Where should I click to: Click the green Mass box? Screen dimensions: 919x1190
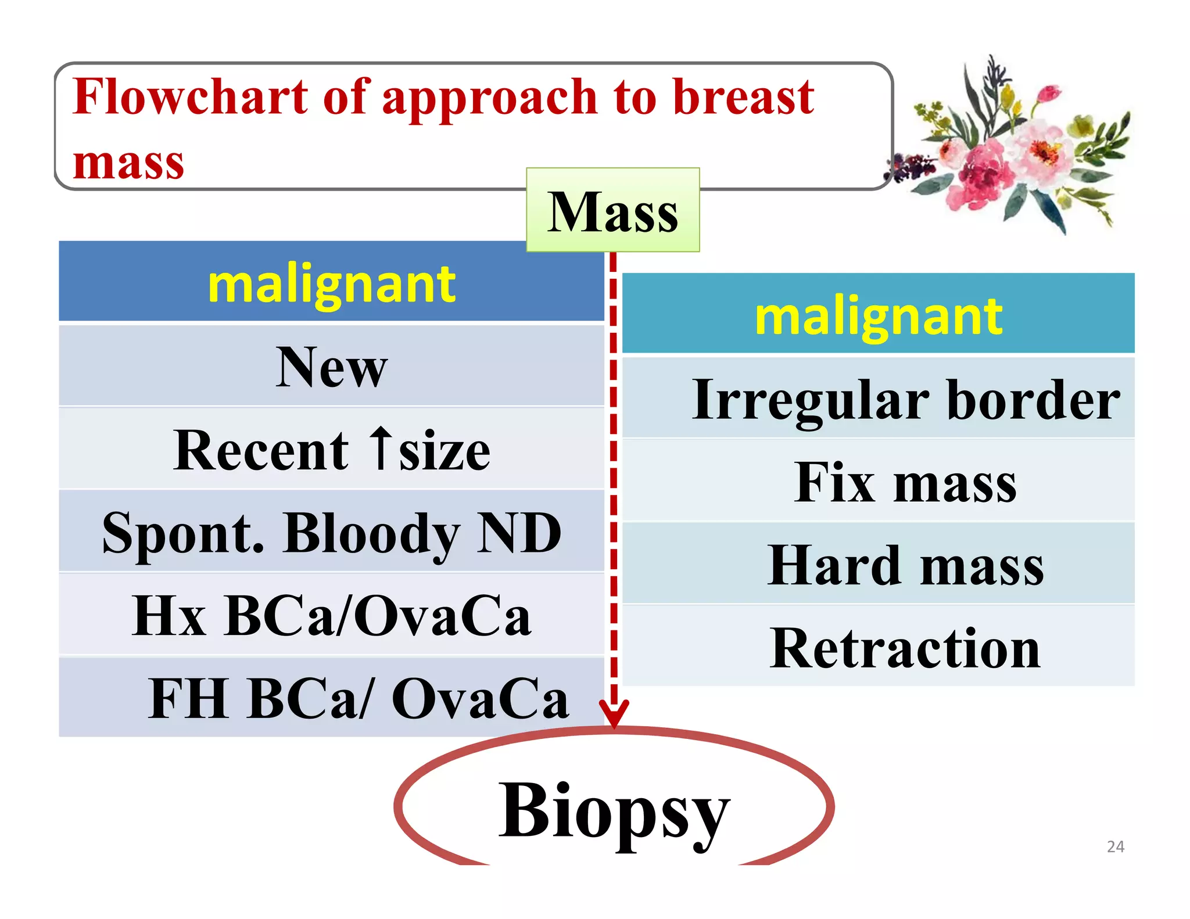point(612,210)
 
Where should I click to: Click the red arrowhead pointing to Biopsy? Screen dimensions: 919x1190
point(614,714)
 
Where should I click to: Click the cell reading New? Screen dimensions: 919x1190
point(331,367)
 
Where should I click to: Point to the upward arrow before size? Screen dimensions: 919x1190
point(381,448)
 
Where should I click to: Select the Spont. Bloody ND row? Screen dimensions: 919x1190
point(331,533)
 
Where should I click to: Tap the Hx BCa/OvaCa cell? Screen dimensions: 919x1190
point(331,616)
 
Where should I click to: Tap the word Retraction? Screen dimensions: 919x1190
point(905,648)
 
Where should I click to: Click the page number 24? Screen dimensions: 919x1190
point(1115,846)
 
